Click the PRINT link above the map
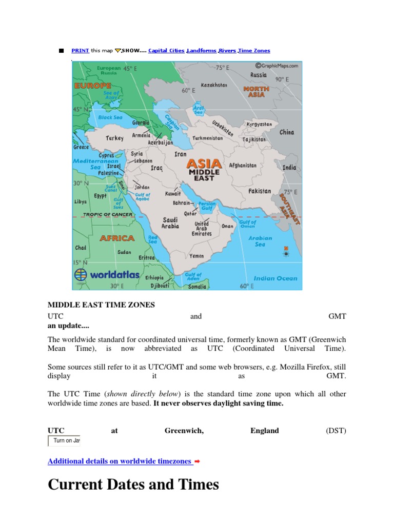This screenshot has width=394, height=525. point(80,51)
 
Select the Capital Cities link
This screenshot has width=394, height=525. point(166,51)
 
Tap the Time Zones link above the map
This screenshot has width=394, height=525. point(254,51)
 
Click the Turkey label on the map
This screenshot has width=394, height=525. point(114,138)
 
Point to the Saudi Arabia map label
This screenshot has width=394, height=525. point(170,223)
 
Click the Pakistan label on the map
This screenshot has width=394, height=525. point(260,191)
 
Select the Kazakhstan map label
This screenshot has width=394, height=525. point(214,85)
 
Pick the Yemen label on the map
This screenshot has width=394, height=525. point(196,256)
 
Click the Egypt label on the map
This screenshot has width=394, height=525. point(100,196)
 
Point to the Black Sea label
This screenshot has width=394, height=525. point(110,117)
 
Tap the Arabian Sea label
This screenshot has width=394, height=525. point(260,241)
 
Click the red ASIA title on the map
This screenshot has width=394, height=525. point(204,164)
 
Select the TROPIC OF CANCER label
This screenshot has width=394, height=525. point(108,215)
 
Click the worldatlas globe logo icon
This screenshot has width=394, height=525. point(81,274)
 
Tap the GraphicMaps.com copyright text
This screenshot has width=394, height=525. point(278,66)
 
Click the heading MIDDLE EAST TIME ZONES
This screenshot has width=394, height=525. point(101,305)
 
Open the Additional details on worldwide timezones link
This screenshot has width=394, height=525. point(120,461)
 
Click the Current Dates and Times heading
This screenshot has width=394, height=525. point(133,484)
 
